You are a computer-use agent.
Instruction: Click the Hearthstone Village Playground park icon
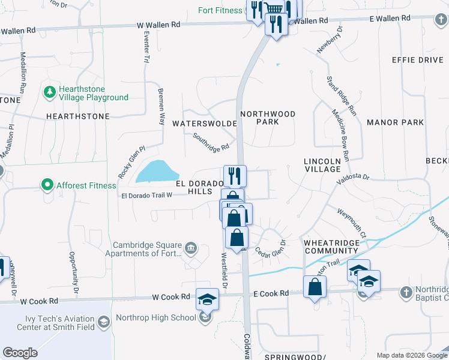pos(49,93)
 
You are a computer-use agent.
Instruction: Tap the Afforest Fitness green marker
pos(47,185)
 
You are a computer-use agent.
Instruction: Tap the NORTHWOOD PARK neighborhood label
pos(268,117)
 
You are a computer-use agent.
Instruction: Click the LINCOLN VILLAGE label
pos(322,165)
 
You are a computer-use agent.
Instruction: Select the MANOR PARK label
pos(395,122)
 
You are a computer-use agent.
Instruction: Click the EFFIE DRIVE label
pos(417,60)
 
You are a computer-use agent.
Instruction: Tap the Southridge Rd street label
pos(211,142)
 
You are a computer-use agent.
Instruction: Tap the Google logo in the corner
pos(20,353)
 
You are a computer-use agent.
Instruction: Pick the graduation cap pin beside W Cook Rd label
pos(207,298)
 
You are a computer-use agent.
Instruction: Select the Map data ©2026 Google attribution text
pos(411,355)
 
